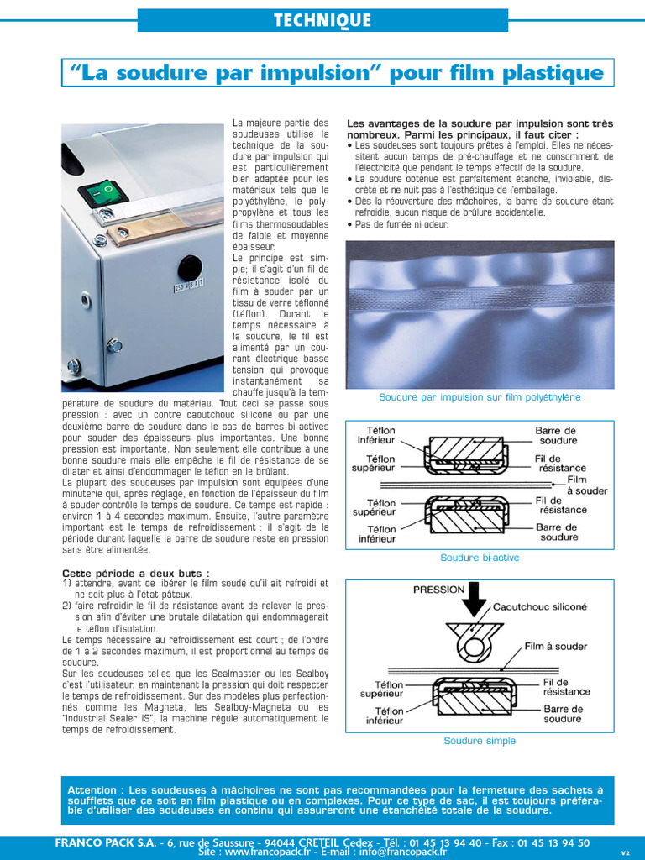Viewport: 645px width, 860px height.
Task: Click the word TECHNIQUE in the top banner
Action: [322, 21]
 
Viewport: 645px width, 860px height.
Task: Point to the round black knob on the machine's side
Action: [190, 270]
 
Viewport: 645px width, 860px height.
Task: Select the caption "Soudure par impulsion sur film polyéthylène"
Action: [480, 397]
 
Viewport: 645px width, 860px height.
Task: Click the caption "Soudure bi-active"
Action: [480, 558]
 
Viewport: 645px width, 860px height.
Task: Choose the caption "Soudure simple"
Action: [480, 741]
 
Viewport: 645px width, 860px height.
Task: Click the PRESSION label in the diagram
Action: [438, 590]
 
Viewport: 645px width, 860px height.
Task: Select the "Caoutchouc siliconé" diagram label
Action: [539, 606]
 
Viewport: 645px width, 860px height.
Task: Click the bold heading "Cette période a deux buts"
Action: [134, 573]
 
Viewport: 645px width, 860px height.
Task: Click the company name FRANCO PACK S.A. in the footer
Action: [108, 842]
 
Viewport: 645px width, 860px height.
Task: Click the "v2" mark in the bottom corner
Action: [625, 852]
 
